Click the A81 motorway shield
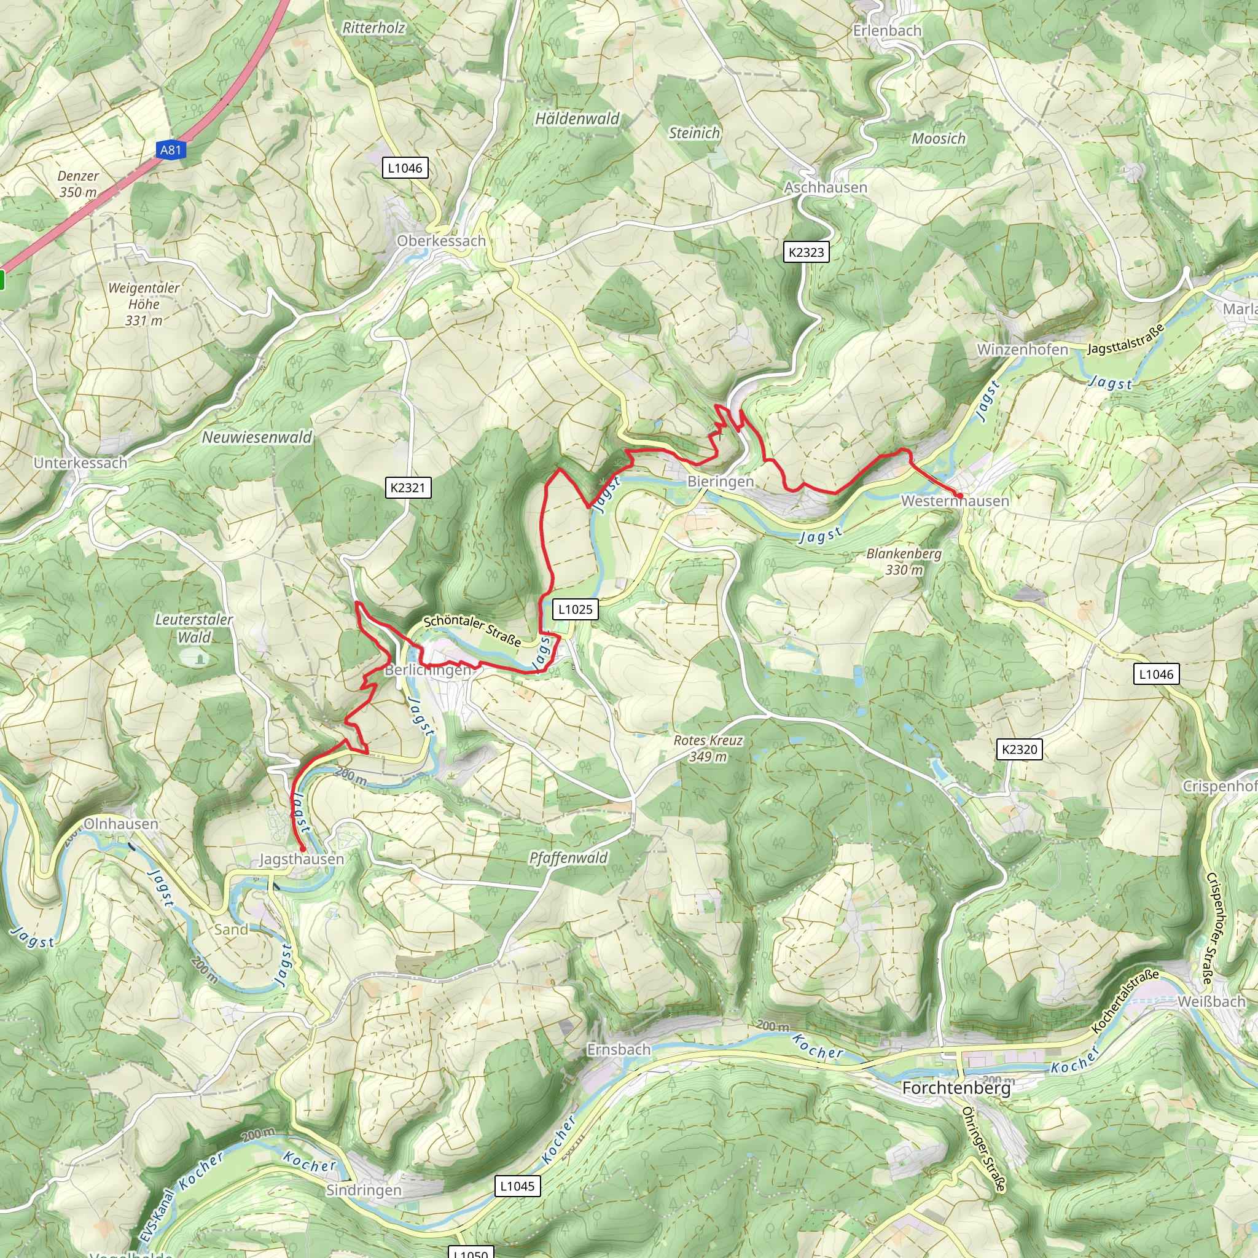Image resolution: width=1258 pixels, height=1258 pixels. [171, 150]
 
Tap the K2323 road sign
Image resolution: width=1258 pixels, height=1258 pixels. [805, 252]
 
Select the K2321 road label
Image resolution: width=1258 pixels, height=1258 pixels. [408, 487]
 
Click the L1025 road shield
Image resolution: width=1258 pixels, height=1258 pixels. [576, 609]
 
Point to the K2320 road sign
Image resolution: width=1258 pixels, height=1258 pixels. [1019, 749]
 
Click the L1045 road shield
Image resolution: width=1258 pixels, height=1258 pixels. [517, 1186]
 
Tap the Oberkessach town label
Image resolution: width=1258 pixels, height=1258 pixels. [442, 241]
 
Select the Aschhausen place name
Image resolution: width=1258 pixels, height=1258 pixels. [825, 187]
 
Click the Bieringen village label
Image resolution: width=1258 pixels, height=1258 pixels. [720, 481]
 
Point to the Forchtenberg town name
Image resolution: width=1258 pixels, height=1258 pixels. [956, 1088]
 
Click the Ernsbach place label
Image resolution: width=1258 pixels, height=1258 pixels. [619, 1050]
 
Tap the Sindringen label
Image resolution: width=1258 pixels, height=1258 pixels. [364, 1190]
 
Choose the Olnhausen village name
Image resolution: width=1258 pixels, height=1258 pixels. [121, 824]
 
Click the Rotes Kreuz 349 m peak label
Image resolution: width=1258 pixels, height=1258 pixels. [708, 748]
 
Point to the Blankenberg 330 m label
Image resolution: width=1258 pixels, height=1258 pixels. [904, 561]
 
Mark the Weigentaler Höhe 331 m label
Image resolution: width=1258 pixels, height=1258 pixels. [143, 304]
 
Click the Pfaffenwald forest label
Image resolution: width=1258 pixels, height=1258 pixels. [568, 858]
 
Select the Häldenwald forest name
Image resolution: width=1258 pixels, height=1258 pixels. [577, 119]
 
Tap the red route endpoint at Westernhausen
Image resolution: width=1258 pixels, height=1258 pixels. [959, 496]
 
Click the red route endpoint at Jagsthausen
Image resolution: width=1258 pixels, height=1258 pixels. [302, 849]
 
